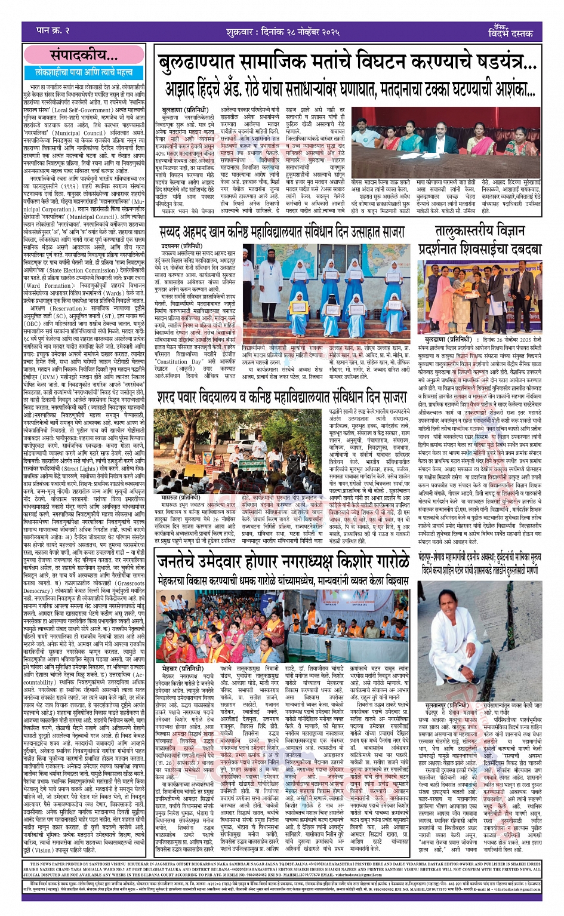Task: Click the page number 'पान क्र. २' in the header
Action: [x=53, y=30]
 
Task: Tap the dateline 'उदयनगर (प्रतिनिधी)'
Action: [x=178, y=245]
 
